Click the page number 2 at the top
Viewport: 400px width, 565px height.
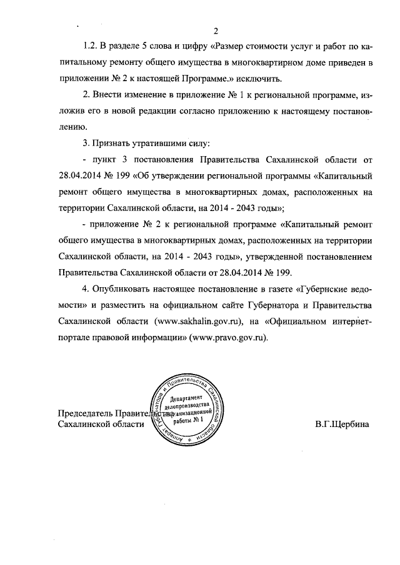coord(215,31)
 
